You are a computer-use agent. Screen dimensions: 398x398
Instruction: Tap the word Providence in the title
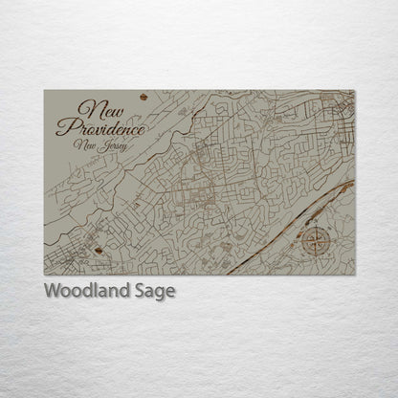101,127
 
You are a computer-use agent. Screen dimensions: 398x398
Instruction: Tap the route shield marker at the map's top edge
144,97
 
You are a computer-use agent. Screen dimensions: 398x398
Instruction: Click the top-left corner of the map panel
44,91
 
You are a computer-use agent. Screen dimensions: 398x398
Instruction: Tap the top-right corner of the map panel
354,91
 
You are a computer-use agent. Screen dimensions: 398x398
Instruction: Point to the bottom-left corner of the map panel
44,276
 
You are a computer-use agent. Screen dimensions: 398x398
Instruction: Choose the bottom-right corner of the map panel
354,276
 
